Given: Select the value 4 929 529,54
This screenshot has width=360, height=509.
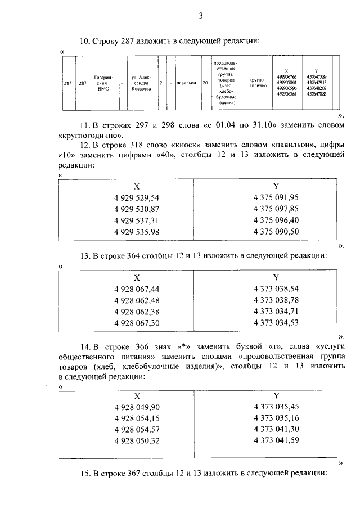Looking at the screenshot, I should (137, 197).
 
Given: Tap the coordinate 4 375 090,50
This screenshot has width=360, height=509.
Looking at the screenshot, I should (276, 231).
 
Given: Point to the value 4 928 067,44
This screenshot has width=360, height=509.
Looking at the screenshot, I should (137, 289).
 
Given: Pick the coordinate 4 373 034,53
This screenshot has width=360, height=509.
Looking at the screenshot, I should (276, 322).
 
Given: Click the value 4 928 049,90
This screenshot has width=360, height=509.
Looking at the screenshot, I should (137, 407).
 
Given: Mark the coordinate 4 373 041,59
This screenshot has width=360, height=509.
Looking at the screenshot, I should (276, 440).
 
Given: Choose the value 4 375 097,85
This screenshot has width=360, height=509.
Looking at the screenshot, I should (276, 209).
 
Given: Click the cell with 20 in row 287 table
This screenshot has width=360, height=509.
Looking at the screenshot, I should (205, 83).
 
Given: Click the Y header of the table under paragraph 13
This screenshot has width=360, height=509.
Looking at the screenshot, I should (276, 277).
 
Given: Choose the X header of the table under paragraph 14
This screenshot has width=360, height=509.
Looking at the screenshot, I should (137, 395).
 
